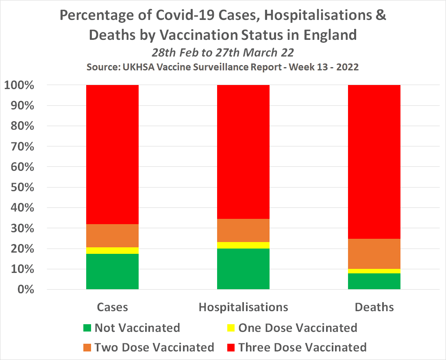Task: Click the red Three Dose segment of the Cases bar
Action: point(112,155)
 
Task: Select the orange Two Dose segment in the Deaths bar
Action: point(374,253)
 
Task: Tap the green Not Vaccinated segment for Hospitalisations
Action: point(243,269)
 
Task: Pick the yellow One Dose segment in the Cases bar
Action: point(112,251)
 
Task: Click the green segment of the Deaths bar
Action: point(374,281)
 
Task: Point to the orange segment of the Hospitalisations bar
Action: point(243,230)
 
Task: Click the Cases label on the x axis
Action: point(112,307)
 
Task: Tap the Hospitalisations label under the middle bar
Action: point(243,307)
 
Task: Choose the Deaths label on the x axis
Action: point(374,307)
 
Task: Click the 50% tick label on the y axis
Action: point(24,188)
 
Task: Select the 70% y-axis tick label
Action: point(24,146)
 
